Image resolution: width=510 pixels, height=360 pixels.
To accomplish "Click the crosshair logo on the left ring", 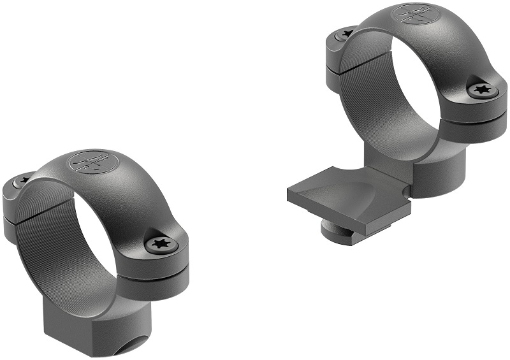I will pos(89,162).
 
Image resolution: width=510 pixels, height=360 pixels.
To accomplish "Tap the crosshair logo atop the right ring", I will pos(411,15).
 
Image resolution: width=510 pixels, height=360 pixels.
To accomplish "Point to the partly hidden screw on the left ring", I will pos(22,182).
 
